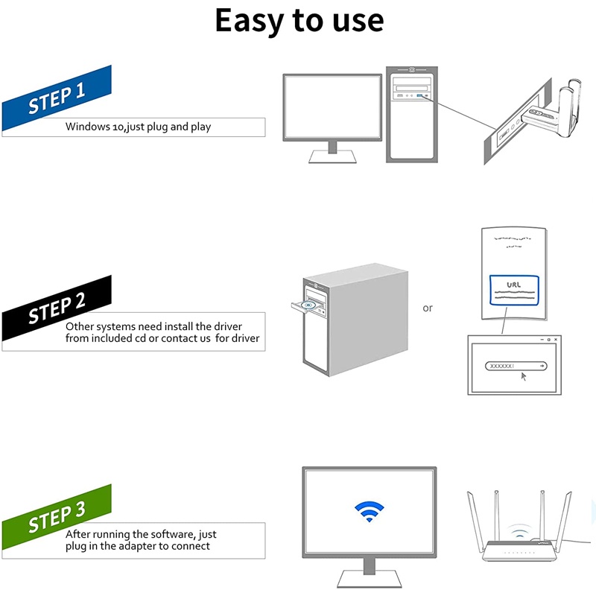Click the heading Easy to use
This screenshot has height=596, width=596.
pos(299,21)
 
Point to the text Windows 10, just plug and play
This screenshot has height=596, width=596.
pos(138,127)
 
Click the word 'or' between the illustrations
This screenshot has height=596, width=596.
pos(428,308)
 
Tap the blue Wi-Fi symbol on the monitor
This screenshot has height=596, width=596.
pos(369,511)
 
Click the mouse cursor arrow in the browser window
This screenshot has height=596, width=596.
pos(523,376)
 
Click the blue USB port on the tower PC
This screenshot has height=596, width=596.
pos(421,97)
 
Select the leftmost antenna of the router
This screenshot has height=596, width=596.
pos(474,517)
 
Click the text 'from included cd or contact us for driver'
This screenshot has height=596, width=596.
pos(162,339)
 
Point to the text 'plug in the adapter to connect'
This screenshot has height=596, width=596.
pos(138,546)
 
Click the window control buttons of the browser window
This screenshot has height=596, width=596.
pos(548,340)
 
